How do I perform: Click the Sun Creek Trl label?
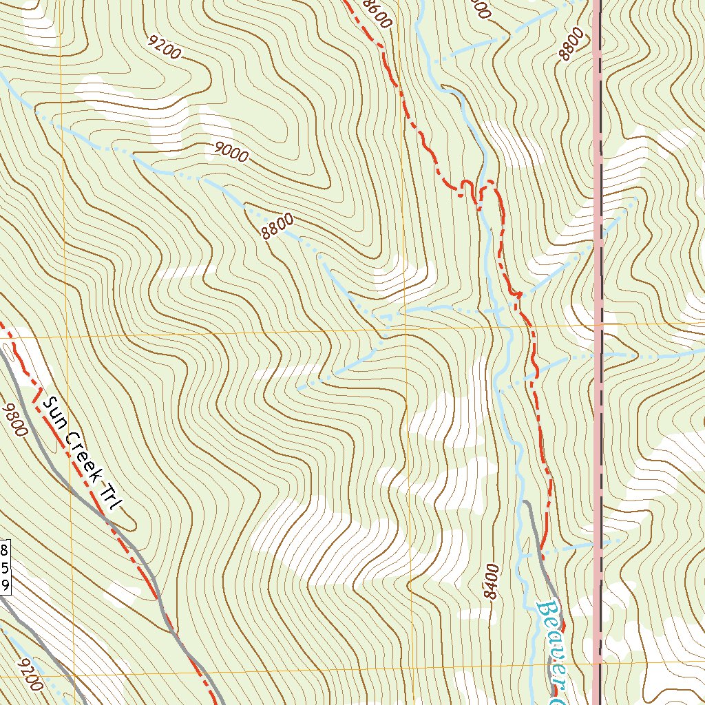click(81, 454)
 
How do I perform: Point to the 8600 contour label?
click(377, 13)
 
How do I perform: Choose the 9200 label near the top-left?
click(165, 48)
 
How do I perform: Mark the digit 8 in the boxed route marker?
click(5, 550)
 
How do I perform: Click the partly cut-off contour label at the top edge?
click(478, 8)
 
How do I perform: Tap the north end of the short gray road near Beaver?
click(525, 503)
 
